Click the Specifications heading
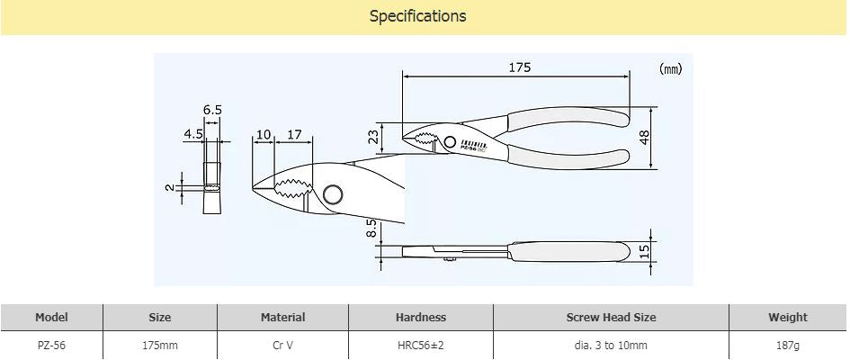417,16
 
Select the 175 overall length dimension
520,67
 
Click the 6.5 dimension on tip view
212,110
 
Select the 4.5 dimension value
193,134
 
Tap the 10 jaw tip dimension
263,134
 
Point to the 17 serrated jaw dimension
293,134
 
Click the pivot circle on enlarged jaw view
332,195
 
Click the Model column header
51,317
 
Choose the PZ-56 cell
51,345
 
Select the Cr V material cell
282,345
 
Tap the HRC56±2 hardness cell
420,345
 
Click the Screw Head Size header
611,317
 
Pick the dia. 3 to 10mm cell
611,345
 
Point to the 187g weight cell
787,345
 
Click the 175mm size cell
159,345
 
